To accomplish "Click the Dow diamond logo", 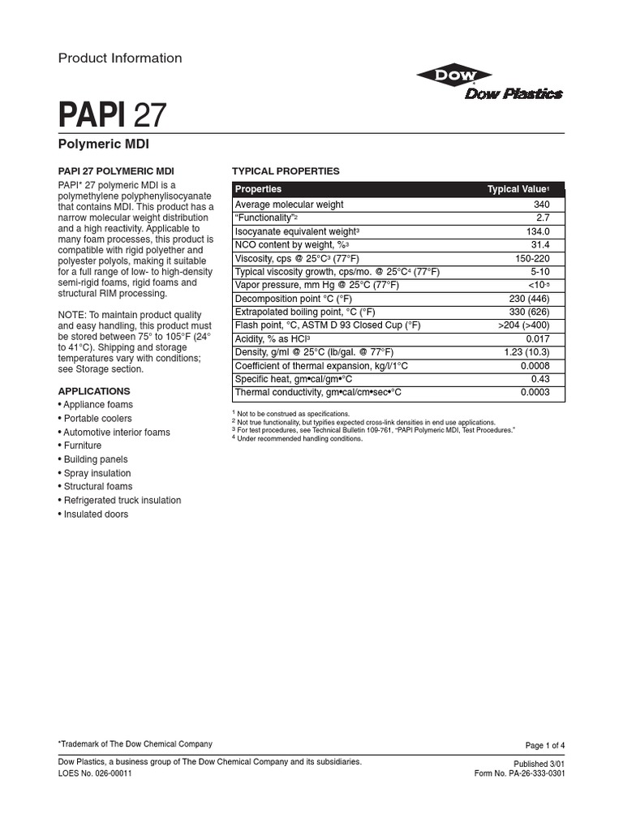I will pos(443,75).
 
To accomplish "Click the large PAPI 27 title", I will pos(112,114).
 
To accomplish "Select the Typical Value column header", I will pos(518,189).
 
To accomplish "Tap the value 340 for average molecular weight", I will pos(541,205).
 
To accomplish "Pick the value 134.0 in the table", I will pos(537,231).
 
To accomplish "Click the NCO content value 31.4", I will pos(540,244).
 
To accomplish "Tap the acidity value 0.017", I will pos(537,338).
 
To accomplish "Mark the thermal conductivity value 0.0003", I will pos(535,392).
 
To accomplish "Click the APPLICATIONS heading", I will pos(94,390).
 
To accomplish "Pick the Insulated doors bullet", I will pos(96,515).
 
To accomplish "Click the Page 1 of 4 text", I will pos(545,745).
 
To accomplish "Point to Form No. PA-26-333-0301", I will pos(519,773).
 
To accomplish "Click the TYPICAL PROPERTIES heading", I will pos(286,171).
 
